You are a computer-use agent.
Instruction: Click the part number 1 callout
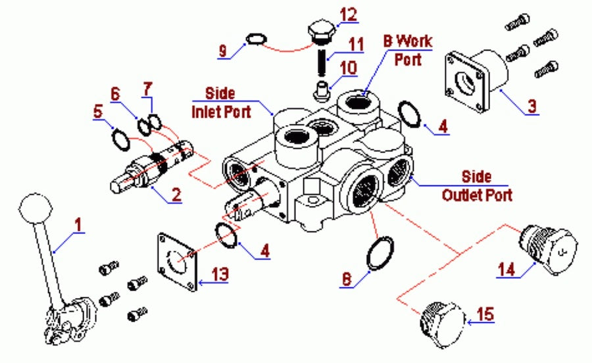[79, 224]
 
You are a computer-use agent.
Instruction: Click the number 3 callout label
[531, 105]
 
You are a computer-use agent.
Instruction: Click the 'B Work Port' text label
[408, 48]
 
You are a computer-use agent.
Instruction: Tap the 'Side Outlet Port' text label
[476, 186]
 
